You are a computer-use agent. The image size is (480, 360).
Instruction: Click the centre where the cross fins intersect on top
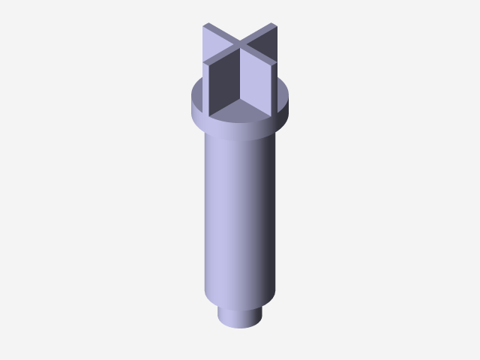point(240,47)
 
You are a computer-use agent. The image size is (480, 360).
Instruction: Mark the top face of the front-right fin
point(259,58)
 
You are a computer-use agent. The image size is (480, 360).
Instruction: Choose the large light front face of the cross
point(257,84)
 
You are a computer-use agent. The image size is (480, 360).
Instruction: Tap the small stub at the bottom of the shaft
point(240,316)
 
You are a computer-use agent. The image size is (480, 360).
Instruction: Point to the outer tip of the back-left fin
point(205,26)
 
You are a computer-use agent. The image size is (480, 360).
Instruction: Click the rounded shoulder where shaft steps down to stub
point(240,300)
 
